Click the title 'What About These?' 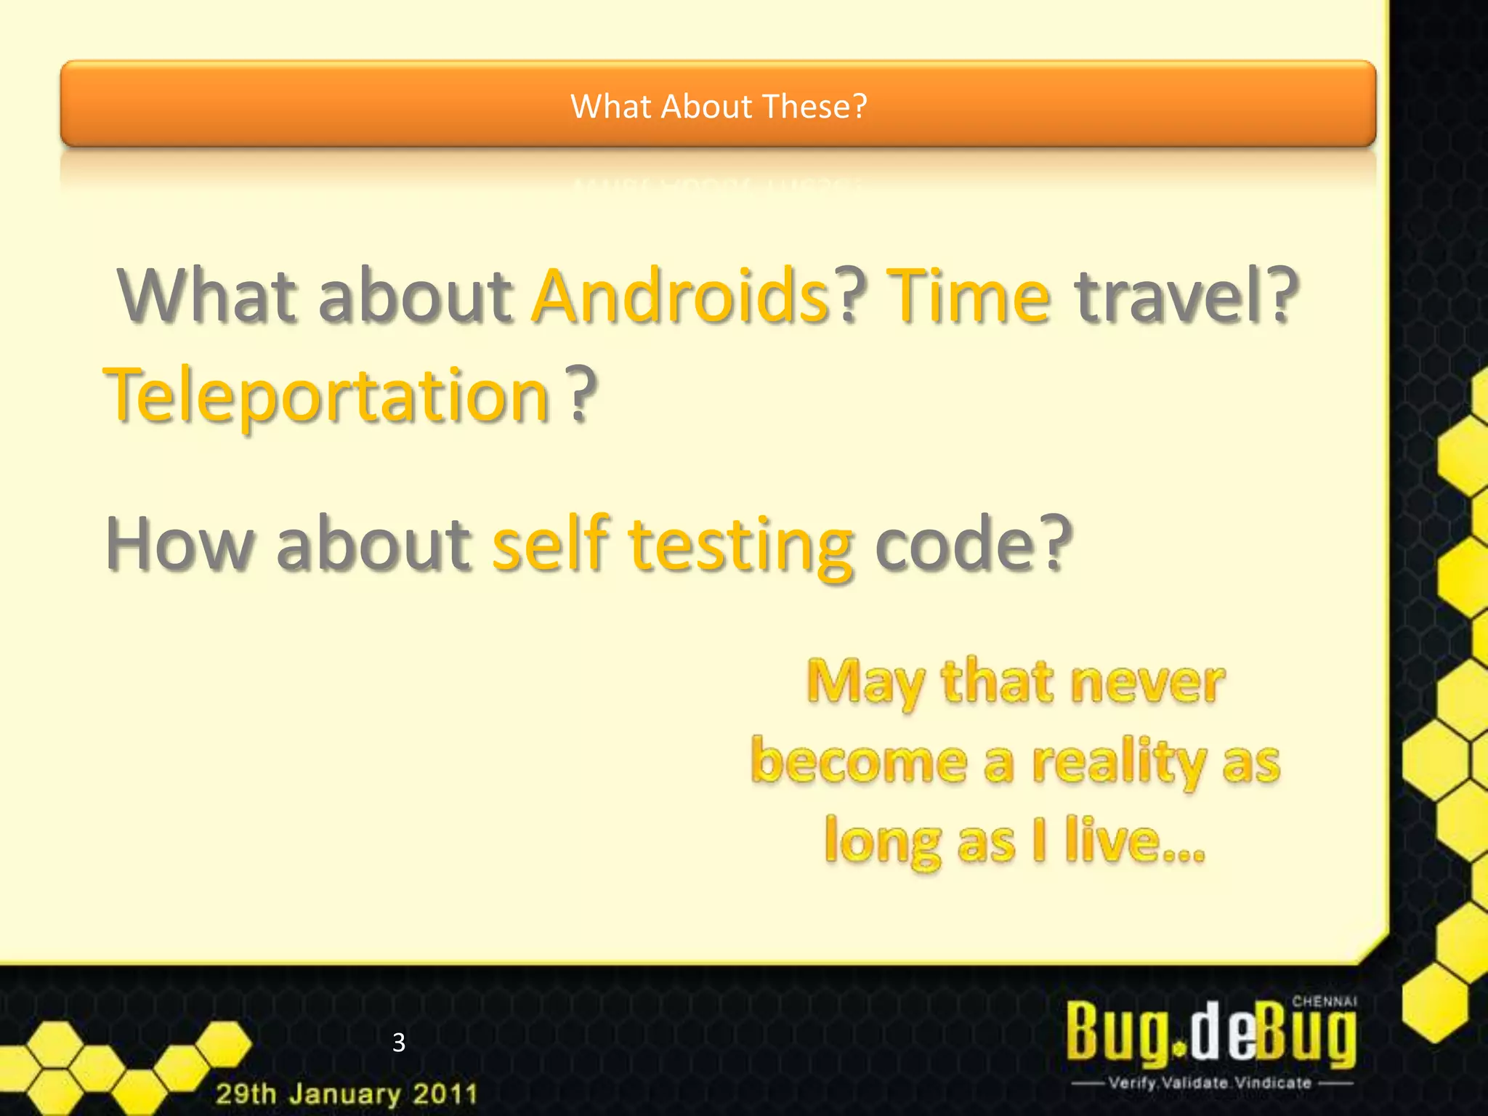pos(719,106)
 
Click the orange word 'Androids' pos(680,296)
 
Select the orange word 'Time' pos(969,296)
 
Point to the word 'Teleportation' pos(327,396)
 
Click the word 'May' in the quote pos(865,683)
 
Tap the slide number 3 pos(398,1043)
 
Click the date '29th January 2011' pos(347,1093)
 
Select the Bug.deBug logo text pos(1210,1033)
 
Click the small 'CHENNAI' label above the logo pos(1324,1001)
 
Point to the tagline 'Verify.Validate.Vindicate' pos(1210,1083)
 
